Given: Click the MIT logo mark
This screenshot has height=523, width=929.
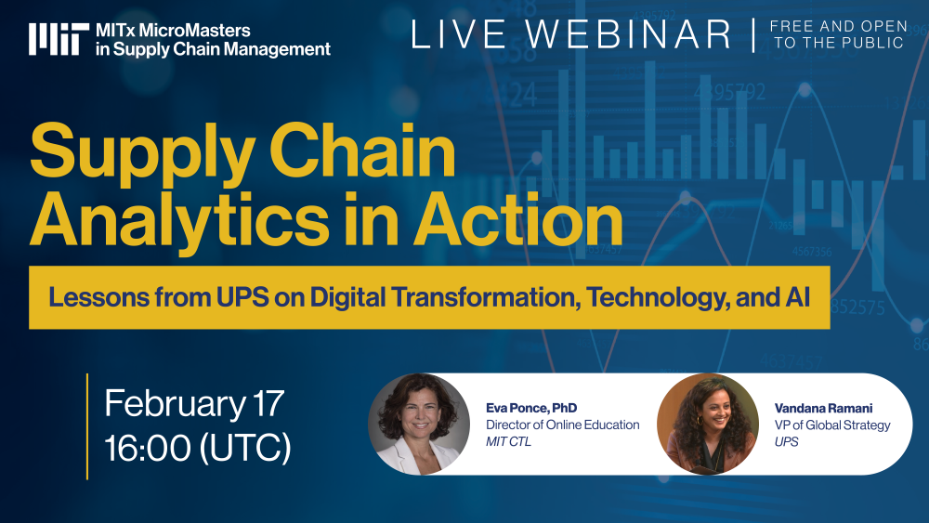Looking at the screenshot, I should point(58,38).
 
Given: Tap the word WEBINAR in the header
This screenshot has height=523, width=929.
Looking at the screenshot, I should point(633,34).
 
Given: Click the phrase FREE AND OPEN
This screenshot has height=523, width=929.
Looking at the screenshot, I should point(837,26).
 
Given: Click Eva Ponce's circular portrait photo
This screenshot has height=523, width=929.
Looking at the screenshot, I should point(419,424).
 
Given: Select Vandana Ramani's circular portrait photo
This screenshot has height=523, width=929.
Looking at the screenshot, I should point(707,424).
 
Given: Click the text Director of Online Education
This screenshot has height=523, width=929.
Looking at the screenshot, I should point(563,425).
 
